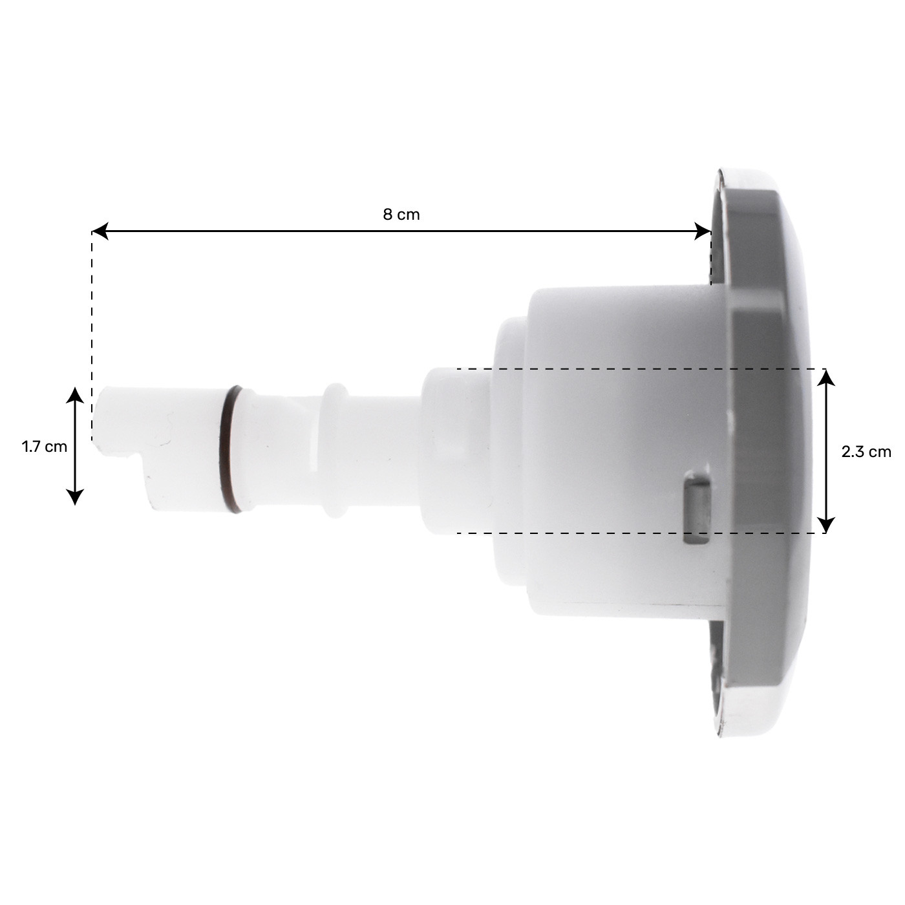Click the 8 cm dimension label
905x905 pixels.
[x=401, y=215]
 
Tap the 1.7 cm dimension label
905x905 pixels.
[x=44, y=446]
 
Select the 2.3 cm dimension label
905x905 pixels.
[x=866, y=452]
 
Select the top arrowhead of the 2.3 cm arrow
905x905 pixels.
[x=826, y=377]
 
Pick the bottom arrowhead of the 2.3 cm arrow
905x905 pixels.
[x=826, y=525]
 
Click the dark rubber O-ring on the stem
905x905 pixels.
[x=231, y=449]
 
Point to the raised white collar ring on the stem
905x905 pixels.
[x=334, y=451]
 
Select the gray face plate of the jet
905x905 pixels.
[x=769, y=452]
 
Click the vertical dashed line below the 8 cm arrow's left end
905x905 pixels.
[x=92, y=336]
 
